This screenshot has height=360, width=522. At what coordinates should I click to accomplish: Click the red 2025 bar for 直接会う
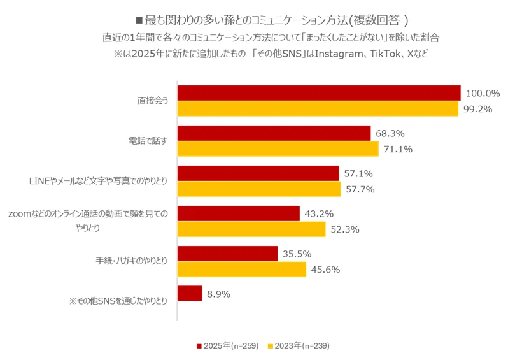318,93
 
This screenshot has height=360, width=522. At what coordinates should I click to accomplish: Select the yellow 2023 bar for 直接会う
317,109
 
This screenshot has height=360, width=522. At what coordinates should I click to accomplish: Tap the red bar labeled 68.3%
274,133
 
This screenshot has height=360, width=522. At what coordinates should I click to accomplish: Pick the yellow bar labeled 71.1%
278,149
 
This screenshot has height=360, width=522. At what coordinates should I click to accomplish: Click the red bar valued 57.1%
258,173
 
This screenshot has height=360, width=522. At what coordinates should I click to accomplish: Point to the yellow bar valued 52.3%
251,229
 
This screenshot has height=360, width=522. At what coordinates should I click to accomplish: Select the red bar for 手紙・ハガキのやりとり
227,254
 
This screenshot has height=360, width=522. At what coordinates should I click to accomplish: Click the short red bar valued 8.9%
189,294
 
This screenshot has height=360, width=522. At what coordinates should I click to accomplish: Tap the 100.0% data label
483,93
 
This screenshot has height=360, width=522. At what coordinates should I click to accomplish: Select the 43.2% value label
320,213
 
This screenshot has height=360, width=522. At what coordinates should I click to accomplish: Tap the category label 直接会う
152,101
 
